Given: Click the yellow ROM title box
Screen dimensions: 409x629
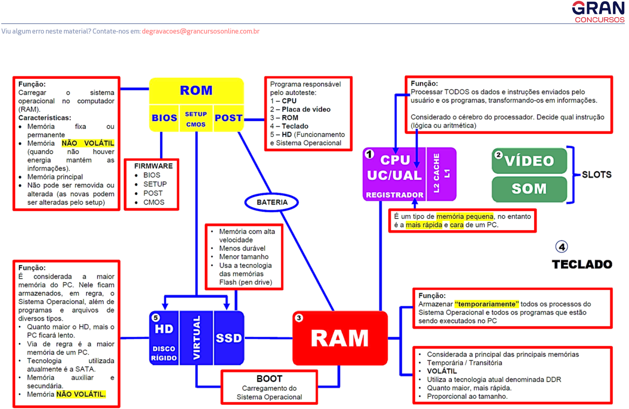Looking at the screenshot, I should pos(196,91).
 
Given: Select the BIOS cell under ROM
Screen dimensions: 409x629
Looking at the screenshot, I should pos(164,118).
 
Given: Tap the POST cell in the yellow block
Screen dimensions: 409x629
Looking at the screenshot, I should pos(228,118).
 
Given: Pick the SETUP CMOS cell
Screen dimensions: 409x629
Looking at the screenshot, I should pos(196,119).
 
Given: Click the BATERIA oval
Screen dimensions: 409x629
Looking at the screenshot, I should pos(272,202).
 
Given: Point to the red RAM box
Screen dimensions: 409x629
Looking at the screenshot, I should pos(340,338).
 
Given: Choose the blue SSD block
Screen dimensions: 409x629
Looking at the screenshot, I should pos(229,338).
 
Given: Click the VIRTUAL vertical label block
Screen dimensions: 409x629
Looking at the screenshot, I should pos(197,338).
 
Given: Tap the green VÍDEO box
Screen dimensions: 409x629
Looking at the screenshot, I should pos(529,161).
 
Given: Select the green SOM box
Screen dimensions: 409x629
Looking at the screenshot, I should pos(529,189).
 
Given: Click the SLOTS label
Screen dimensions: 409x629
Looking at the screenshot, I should pos(596,175).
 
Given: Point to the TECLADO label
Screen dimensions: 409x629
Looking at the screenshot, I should pos(582,264).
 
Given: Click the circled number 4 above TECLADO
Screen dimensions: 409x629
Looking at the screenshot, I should pos(562,247).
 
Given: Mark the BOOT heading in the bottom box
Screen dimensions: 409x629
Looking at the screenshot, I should pos(269,379).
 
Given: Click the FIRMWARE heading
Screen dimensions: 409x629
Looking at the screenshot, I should pos(153,166).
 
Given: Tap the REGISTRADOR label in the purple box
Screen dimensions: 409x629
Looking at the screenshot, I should pos(394,195).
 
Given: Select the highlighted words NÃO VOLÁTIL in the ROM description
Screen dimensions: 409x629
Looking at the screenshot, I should pos(88,143).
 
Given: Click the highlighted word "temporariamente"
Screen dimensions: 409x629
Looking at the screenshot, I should pos(487,304).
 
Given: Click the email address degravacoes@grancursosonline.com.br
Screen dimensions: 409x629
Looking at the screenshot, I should pos(201,31).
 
